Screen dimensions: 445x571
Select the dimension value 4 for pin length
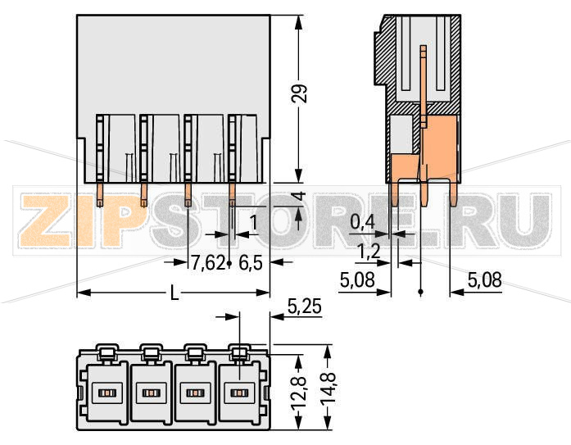click(x=300, y=198)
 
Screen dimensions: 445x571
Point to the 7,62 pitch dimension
click(x=207, y=263)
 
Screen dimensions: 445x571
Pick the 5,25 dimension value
click(x=305, y=308)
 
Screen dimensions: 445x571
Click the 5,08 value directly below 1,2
click(x=357, y=280)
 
